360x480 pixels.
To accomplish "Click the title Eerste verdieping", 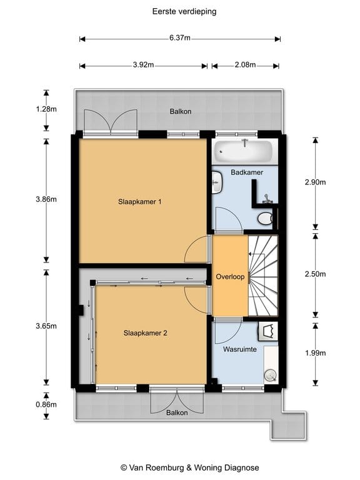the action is click(x=184, y=12).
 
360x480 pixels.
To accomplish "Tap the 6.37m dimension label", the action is click(x=180, y=38).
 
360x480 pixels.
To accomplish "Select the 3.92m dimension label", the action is click(x=143, y=65).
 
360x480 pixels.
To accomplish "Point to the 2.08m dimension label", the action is click(x=245, y=65).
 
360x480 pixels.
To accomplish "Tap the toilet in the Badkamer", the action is click(x=265, y=219).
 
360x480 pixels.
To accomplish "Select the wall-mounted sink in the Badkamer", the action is click(x=217, y=182).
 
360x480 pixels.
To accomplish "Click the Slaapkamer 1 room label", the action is click(x=139, y=202).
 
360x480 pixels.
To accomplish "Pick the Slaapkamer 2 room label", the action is click(x=145, y=333).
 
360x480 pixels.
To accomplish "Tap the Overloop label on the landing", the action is click(x=230, y=277).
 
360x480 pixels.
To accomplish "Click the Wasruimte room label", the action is click(x=240, y=349).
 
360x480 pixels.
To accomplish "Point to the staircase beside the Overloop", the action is click(x=263, y=276).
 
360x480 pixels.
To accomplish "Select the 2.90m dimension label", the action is click(x=315, y=182).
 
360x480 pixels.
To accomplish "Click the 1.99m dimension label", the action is click(x=315, y=353).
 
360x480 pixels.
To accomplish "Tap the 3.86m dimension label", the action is click(x=46, y=199).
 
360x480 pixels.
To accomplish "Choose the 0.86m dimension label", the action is click(x=46, y=404).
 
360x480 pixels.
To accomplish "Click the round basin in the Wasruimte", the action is click(x=271, y=375).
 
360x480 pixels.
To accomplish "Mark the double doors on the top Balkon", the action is click(x=111, y=122).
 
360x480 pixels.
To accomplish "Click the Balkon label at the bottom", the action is click(x=177, y=412).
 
